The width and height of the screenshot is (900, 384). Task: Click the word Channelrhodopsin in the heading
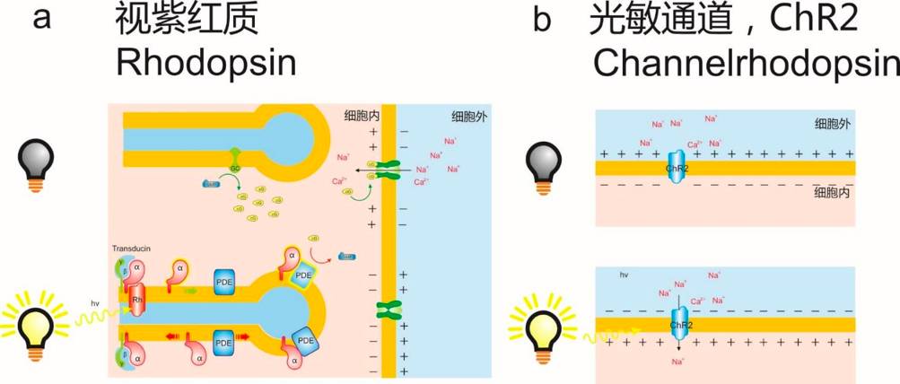(744, 63)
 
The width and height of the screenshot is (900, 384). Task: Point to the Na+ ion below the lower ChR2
(678, 361)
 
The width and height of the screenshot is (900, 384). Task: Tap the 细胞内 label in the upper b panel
(831, 192)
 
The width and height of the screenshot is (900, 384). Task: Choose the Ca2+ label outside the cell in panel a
(419, 182)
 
